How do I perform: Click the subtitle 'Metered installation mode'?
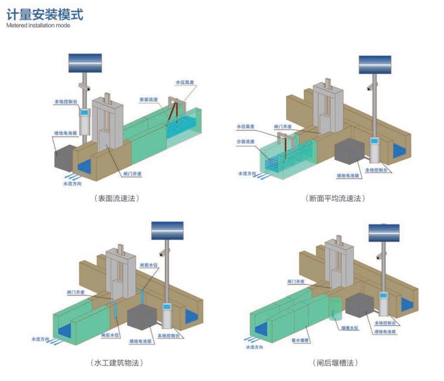click(38, 25)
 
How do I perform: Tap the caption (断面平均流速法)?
click(334, 198)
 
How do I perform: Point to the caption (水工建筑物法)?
click(117, 362)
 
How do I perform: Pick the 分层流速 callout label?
click(245, 141)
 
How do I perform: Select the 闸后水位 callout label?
click(111, 335)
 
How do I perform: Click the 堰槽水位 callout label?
click(350, 329)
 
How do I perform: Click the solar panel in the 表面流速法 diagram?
click(85, 63)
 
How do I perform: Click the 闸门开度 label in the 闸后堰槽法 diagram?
click(295, 282)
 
